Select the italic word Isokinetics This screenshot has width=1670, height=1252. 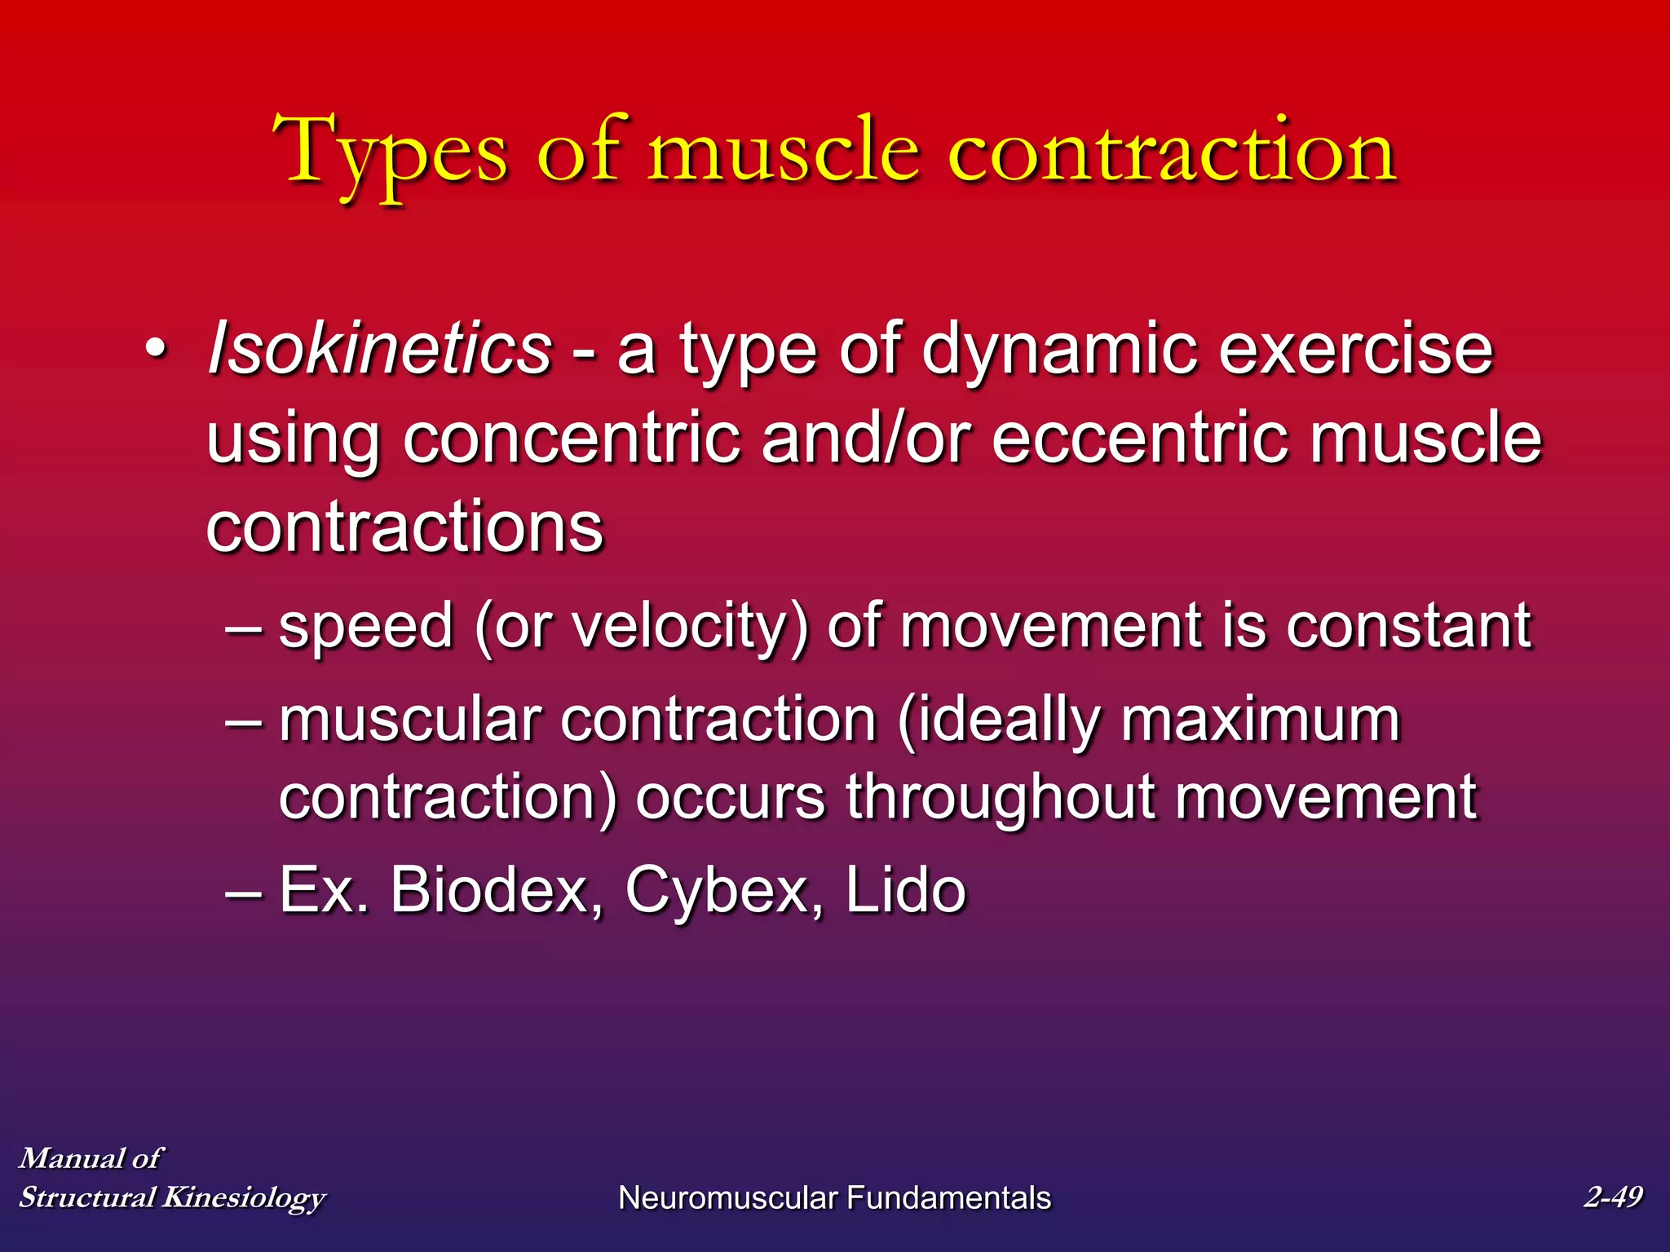[x=380, y=349]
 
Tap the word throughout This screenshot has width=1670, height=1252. [x=999, y=797]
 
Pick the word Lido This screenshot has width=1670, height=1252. [x=905, y=890]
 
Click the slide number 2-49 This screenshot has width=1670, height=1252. [x=1612, y=1197]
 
